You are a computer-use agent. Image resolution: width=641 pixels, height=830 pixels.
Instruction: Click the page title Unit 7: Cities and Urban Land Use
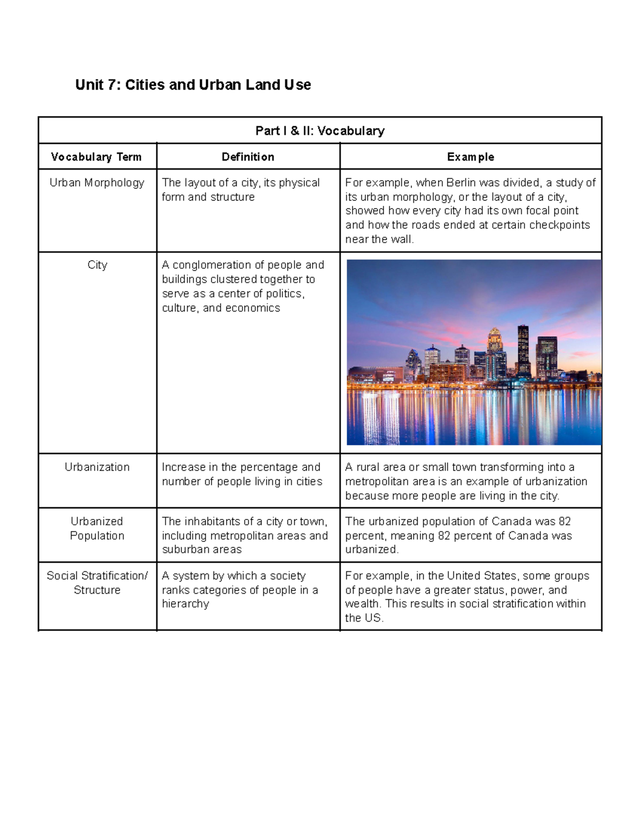point(193,85)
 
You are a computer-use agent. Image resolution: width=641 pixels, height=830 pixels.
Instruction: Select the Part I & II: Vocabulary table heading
point(320,131)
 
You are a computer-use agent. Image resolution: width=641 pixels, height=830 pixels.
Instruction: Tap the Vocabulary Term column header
point(96,157)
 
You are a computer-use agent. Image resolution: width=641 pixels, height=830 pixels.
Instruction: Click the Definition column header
point(248,157)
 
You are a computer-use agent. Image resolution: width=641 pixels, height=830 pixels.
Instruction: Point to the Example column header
point(471,157)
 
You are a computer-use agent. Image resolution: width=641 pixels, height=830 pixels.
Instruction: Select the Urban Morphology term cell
point(97,183)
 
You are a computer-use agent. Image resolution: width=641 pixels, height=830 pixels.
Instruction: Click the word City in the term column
point(97,265)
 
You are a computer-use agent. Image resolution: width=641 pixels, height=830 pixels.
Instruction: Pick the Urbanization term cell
point(97,467)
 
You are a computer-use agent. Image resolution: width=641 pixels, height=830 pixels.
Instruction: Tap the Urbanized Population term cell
point(97,529)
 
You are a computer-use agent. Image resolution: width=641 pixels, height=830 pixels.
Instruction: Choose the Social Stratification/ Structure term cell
point(97,583)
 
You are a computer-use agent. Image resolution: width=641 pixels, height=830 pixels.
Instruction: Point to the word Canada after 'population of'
point(511,522)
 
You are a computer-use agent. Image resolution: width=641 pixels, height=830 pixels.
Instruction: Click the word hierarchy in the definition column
point(185,604)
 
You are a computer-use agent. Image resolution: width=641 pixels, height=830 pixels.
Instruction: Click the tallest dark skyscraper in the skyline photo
point(523,350)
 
